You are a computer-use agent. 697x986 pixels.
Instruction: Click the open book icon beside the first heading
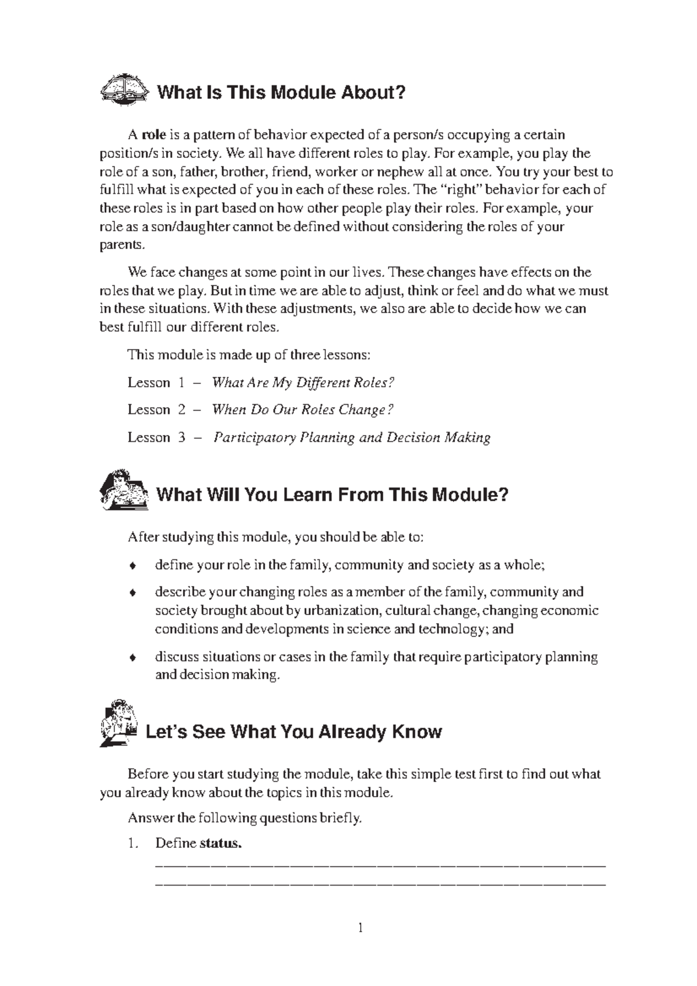124,90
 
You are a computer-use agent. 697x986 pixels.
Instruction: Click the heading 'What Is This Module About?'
281,92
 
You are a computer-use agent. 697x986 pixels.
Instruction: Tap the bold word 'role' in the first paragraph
154,135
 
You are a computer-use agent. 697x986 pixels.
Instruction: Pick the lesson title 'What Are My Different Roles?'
303,383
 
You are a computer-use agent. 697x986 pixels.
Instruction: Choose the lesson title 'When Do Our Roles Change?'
303,410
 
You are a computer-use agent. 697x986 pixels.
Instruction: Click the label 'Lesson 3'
156,438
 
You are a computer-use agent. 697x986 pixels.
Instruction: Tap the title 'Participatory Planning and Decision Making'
352,438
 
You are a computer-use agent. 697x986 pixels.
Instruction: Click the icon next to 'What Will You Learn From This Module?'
124,491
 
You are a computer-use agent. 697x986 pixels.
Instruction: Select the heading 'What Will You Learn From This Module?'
332,495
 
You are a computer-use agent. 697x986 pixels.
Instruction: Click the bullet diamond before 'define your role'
133,566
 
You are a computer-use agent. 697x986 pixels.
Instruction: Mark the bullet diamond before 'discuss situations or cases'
133,658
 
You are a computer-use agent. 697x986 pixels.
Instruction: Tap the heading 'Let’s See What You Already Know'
293,732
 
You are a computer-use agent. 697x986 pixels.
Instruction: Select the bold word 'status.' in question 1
221,844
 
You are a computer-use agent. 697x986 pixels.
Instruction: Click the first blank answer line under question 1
380,866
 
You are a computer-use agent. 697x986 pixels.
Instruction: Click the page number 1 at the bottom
360,928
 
